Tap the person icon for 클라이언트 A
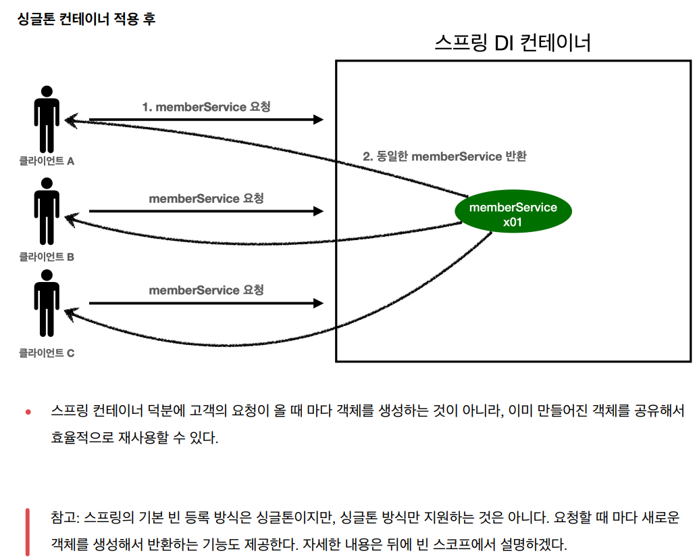coord(46,119)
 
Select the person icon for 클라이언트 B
coord(46,211)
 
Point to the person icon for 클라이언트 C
coord(46,303)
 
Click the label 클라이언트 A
coord(47,161)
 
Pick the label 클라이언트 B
coord(47,257)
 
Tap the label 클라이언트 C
coord(47,352)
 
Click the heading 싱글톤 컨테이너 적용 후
coord(86,19)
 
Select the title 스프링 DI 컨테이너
coord(513,43)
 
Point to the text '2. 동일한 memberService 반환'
coord(444,156)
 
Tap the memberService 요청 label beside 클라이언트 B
coord(206,198)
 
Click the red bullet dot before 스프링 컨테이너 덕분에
coord(28,412)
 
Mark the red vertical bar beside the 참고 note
coord(28,531)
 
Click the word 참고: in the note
coord(66,518)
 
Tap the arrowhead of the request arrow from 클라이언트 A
coord(319,120)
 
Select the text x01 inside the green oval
coord(513,221)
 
